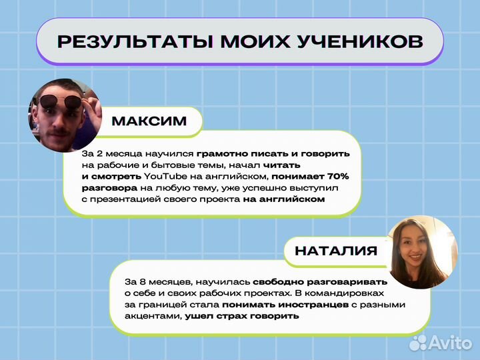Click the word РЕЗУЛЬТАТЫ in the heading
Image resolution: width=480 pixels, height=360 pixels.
coord(124,41)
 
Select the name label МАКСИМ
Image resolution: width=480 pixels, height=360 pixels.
coord(149,121)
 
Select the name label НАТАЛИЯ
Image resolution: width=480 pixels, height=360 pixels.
coord(336,251)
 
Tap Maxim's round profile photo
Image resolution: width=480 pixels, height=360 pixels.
coord(64,115)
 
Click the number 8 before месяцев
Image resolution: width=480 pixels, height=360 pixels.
coord(143,281)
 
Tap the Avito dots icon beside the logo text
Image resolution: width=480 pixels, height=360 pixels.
coord(418,343)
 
